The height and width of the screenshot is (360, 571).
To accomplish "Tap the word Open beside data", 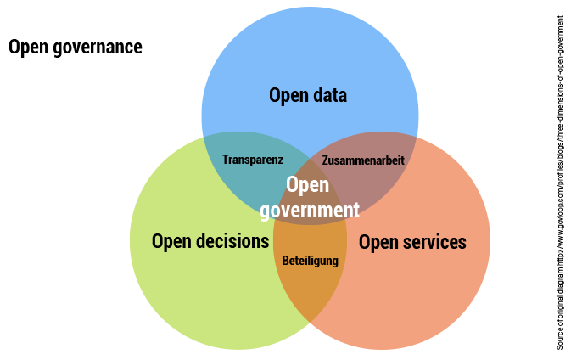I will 288,95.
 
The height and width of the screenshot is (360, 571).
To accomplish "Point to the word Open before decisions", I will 171,241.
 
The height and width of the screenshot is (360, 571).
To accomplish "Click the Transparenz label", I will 252,160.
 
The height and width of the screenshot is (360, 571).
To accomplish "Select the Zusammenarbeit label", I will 362,160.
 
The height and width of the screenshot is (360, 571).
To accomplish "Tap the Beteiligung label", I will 310,262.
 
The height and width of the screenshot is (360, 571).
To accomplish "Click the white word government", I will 310,210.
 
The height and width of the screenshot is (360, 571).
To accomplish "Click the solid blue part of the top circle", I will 310,51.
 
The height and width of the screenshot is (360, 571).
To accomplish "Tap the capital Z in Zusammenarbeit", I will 326,160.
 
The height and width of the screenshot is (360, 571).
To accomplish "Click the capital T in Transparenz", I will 225,160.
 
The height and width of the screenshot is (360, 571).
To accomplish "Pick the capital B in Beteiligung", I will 285,262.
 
